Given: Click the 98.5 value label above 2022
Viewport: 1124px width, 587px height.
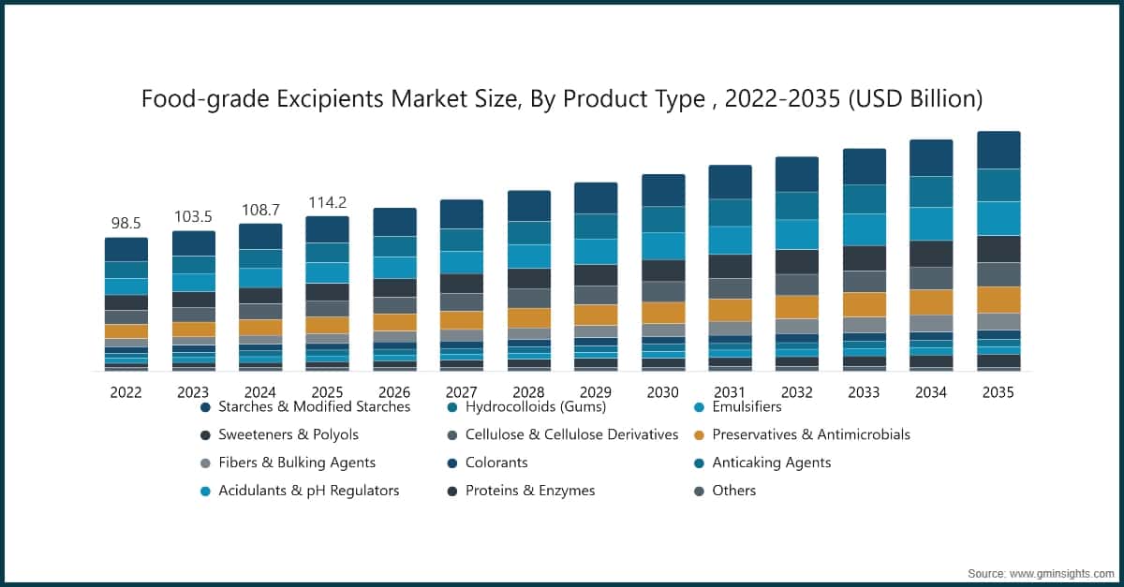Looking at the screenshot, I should [126, 224].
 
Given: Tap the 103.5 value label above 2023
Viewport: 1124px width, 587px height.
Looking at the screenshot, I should [193, 217].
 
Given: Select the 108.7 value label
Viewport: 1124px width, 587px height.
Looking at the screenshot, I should [260, 210].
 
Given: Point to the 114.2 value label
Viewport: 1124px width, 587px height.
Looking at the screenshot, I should [327, 202].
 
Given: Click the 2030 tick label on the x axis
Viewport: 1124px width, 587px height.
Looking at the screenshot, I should [662, 393].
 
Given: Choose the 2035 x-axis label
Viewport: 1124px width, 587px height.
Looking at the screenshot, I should [998, 393].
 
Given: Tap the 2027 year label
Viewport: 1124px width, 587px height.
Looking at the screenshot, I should [461, 393].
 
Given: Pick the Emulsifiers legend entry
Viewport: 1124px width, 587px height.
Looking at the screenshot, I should [747, 407].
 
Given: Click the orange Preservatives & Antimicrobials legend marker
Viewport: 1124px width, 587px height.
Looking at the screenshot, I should [700, 435].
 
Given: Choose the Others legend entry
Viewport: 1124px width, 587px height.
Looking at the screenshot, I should [733, 491].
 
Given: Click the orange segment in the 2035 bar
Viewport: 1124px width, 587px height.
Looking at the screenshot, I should [998, 300].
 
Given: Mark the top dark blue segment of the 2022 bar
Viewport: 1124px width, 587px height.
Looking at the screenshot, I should [126, 249].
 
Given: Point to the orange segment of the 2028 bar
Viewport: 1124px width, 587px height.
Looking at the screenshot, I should [528, 317].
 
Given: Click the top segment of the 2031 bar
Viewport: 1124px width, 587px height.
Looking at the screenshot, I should [730, 182].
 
